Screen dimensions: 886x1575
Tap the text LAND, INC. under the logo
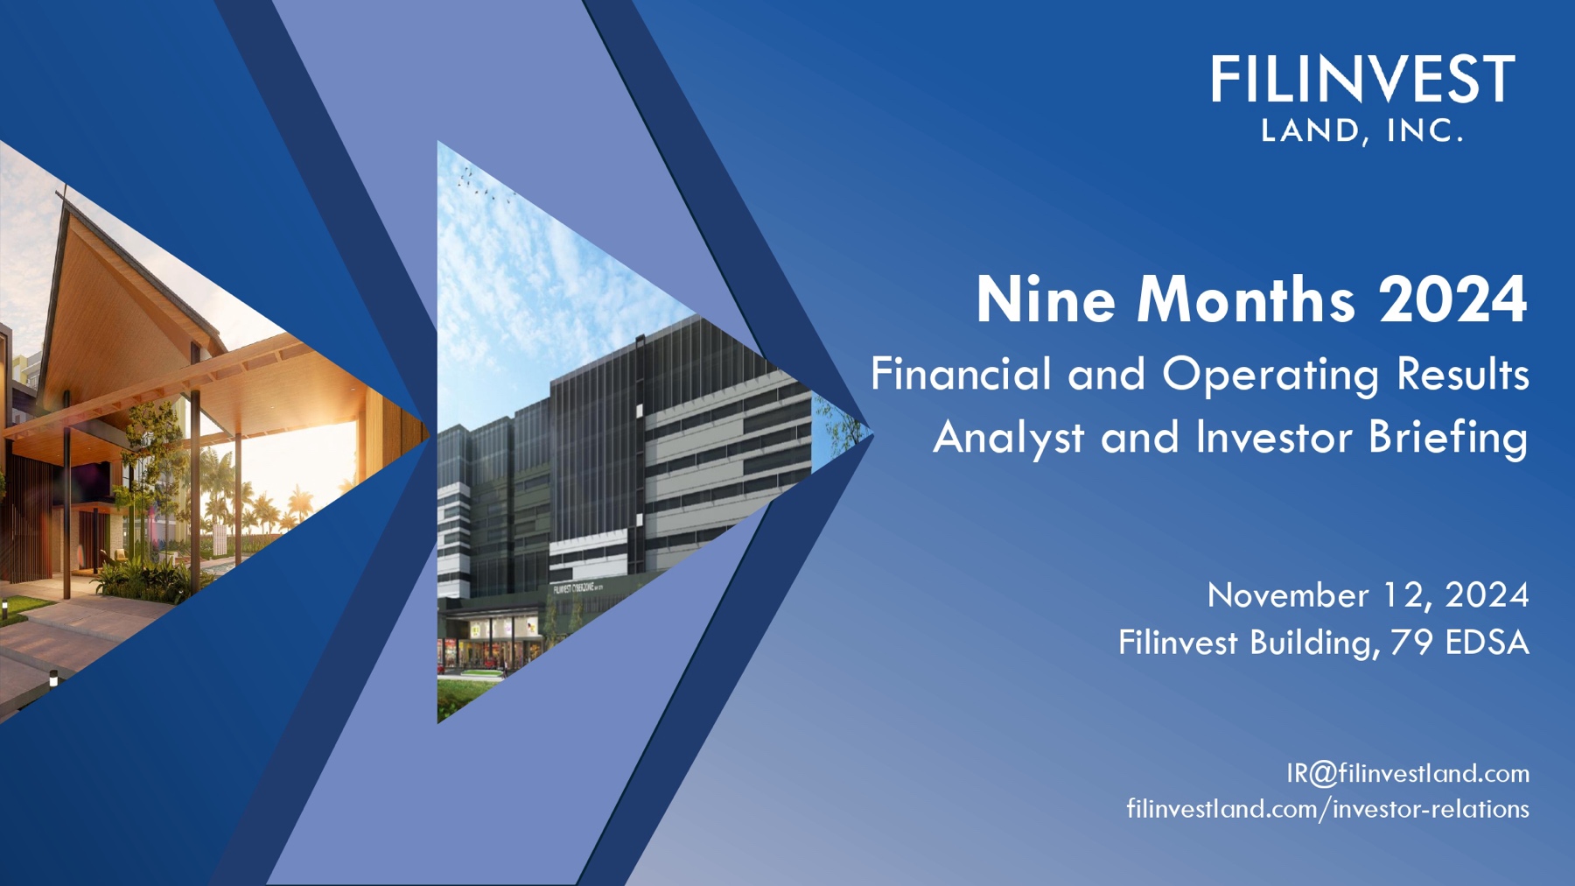(1362, 131)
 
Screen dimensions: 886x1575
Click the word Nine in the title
(1046, 300)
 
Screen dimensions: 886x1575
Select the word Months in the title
(1246, 300)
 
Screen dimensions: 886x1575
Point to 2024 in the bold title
(1453, 300)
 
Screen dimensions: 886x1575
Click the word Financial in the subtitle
(960, 375)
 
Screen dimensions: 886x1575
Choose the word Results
(1462, 375)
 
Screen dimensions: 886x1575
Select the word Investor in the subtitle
(1273, 438)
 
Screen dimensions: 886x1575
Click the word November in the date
(1287, 595)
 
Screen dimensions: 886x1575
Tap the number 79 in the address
(1411, 643)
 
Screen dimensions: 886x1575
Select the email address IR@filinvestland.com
(1407, 773)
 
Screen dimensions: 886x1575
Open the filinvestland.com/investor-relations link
(1327, 809)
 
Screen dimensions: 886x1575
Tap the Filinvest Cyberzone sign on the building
(577, 588)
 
